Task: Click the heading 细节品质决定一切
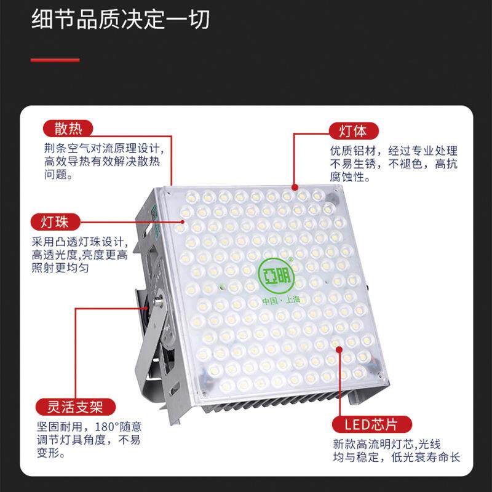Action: (121, 20)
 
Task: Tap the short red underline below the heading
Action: (55, 60)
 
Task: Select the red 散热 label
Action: (68, 128)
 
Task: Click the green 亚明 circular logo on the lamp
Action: (277, 274)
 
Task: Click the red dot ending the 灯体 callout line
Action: (295, 188)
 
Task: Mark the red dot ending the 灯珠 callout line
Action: (183, 221)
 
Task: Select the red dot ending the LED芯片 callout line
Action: (339, 349)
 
